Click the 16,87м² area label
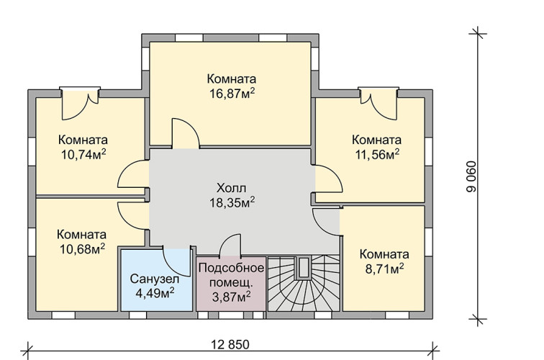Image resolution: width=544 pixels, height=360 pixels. point(232,94)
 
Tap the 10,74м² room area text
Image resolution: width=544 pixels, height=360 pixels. point(83,155)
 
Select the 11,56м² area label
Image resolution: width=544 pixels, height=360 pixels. point(377,155)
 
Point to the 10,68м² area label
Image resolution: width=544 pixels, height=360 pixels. point(82,249)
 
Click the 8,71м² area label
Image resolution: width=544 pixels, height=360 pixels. point(384,269)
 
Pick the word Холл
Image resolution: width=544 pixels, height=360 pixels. point(232,188)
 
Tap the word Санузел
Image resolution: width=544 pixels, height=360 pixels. point(155,279)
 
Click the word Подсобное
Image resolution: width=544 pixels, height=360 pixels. point(232,268)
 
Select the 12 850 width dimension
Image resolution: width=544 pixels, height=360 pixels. point(230,345)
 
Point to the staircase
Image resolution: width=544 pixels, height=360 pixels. point(304,284)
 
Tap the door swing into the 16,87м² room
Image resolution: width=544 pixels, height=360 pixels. point(186,134)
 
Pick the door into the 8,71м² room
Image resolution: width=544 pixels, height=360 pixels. point(326,222)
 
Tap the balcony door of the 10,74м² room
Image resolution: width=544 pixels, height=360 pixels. point(80,104)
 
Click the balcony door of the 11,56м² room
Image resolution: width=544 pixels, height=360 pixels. point(378,104)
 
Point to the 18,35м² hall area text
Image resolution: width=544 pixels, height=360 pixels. point(232,203)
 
